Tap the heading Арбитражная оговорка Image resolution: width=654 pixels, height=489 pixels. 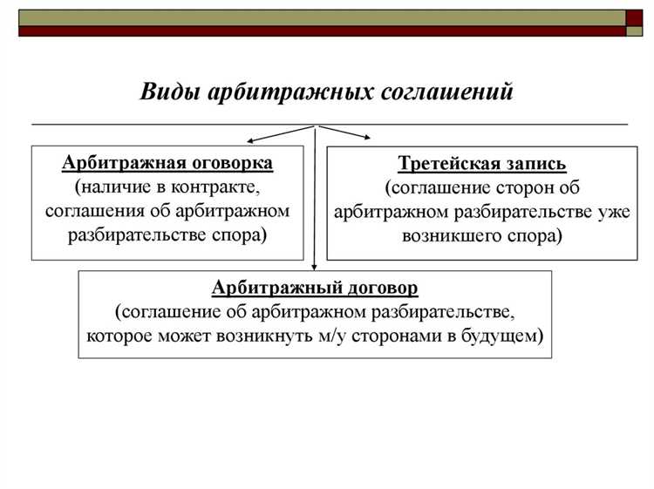coord(167,163)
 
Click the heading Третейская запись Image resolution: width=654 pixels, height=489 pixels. coord(482,163)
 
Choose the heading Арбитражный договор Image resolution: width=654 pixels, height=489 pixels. coord(315,287)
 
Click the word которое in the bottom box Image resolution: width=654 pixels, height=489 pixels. coord(120,336)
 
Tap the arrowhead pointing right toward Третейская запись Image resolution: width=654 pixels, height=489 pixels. coord(369,136)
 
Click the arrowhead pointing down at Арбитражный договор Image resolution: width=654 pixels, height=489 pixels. coord(314,263)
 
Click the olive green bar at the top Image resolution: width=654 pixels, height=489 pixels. coord(322,17)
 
